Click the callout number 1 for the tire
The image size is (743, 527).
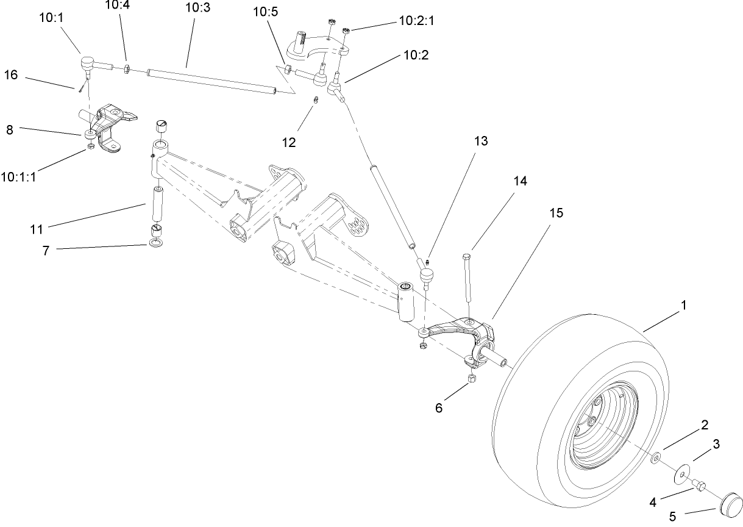(683, 305)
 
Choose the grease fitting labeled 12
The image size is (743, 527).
(316, 101)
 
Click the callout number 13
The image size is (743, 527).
(481, 141)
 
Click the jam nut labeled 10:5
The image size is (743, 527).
(288, 70)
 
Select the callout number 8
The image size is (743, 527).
(10, 129)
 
